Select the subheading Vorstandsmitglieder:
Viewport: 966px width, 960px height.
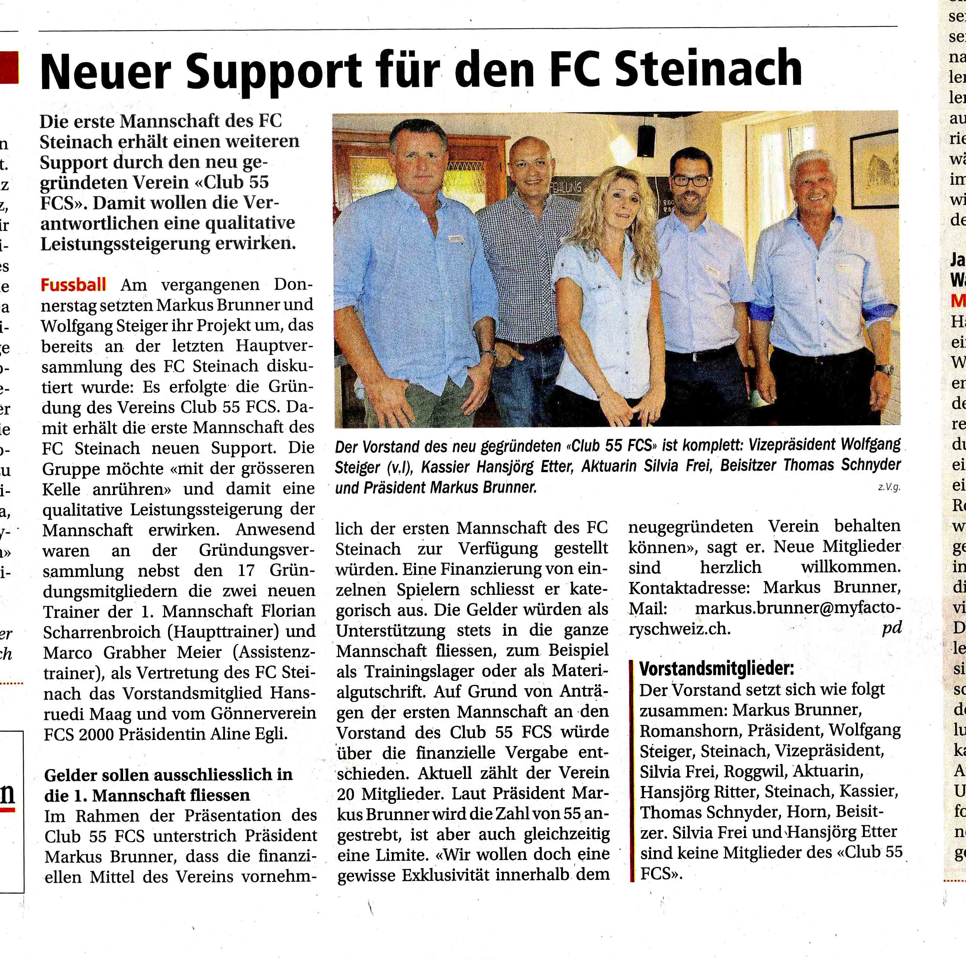(717, 669)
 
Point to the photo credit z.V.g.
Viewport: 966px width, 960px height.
(889, 487)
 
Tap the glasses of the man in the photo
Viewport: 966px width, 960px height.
(690, 180)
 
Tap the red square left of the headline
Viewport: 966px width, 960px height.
(9, 68)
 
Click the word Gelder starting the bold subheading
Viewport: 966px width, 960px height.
(71, 775)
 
